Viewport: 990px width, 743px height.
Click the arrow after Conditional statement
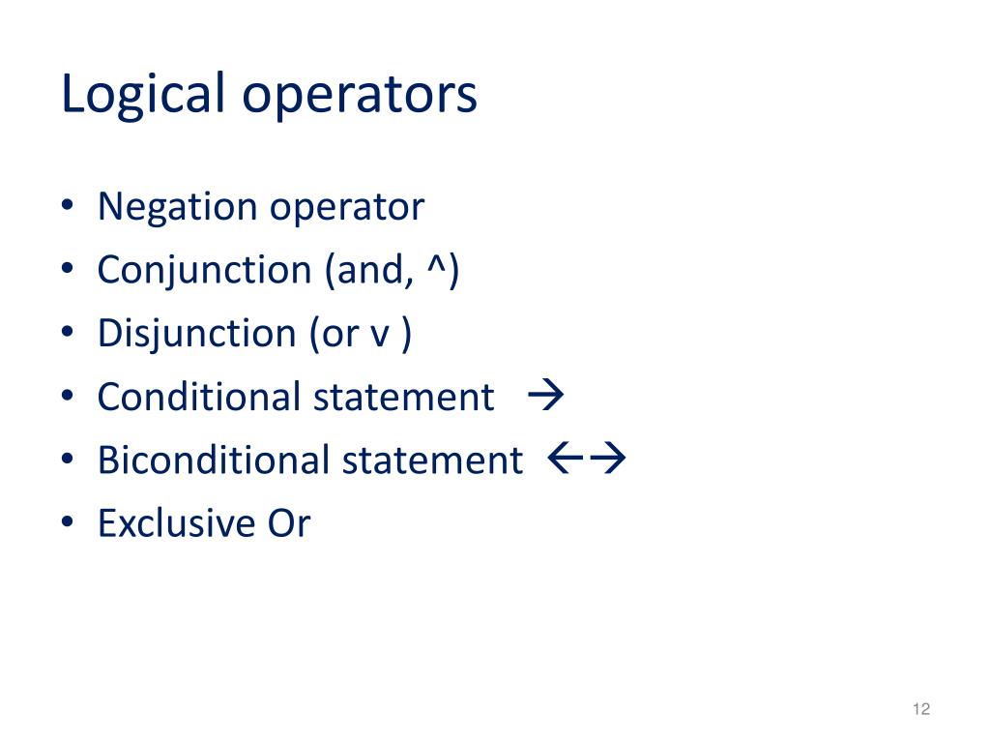pos(547,396)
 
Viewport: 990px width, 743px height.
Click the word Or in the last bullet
pos(288,523)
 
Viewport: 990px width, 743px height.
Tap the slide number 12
pos(920,710)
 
